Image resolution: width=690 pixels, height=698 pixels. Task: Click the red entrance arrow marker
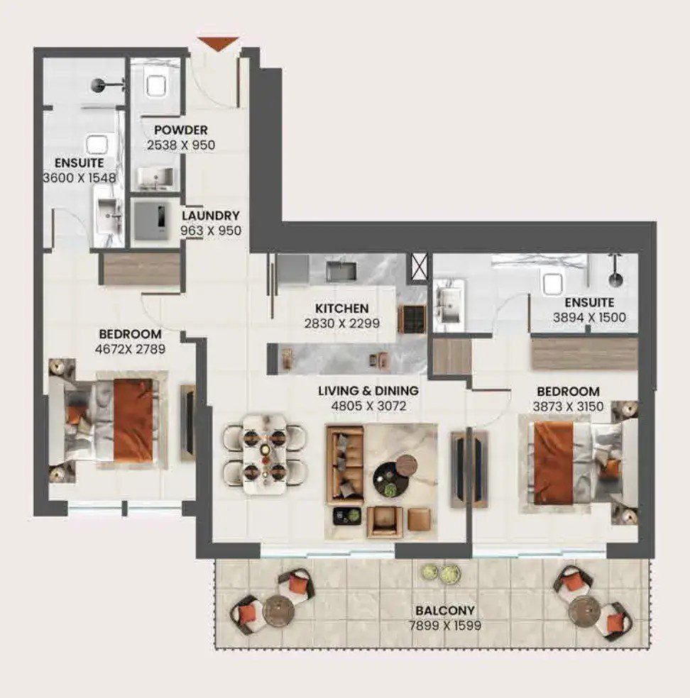218,44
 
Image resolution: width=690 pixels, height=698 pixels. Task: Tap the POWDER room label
181,130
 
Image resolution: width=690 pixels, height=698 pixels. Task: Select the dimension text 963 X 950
211,231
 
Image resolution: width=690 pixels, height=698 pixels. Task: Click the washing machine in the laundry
153,221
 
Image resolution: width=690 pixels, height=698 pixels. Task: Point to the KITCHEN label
341,308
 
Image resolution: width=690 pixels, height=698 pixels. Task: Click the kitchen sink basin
341,271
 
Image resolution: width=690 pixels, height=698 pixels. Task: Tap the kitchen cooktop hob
412,318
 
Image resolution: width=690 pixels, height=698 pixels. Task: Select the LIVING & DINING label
368,390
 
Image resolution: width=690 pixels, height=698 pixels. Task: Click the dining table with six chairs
265,453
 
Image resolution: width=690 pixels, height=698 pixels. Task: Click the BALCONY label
445,610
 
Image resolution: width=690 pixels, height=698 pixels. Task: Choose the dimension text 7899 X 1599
445,626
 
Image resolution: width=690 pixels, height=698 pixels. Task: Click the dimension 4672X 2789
130,349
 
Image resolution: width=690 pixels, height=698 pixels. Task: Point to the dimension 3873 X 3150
568,406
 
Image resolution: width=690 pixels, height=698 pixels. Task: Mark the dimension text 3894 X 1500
589,317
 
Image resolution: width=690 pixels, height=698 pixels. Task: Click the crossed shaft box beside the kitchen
419,267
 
